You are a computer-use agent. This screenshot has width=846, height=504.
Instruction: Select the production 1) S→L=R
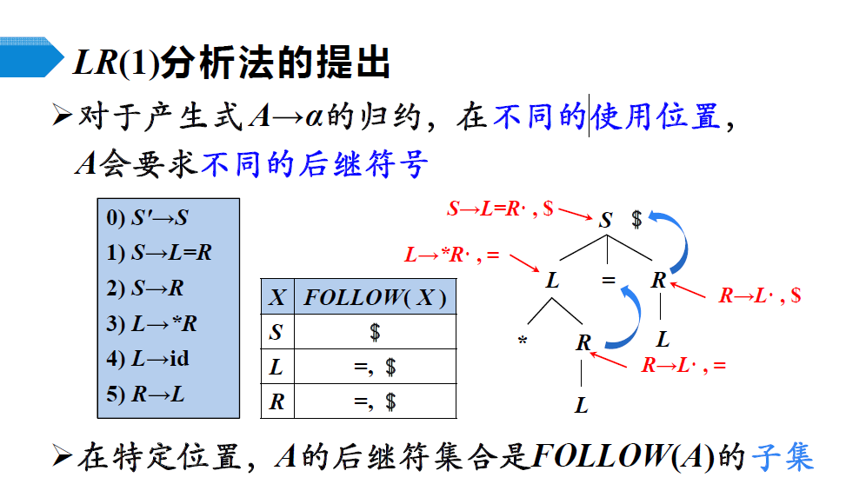[x=159, y=253]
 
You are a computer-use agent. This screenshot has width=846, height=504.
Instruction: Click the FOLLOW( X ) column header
[x=375, y=298]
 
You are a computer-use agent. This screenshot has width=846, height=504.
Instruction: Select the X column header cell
[x=277, y=298]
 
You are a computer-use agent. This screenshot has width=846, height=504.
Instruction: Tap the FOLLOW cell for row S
[x=375, y=332]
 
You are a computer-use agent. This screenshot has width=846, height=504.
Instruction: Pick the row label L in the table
[x=276, y=367]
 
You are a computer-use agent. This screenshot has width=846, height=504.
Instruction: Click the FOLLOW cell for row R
[x=375, y=401]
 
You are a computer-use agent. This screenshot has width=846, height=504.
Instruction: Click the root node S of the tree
[x=605, y=220]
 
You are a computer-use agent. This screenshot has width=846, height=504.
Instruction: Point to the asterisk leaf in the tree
[x=523, y=342]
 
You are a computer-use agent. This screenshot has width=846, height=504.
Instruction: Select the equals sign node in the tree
[x=609, y=281]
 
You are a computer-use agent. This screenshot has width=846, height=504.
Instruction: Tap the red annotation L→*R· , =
[x=452, y=255]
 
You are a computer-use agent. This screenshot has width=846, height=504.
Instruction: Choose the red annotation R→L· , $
[x=759, y=295]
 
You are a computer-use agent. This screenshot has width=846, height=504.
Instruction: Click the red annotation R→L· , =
[x=683, y=366]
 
